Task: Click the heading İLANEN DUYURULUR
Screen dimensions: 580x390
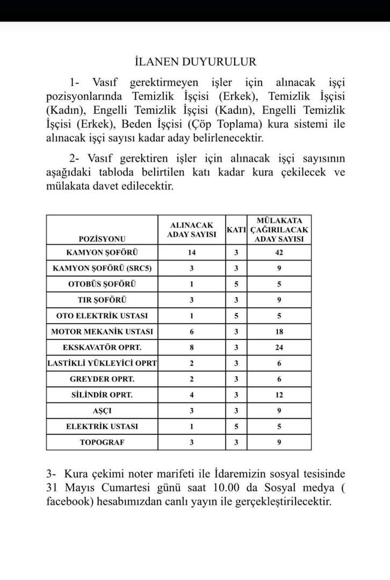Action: (195, 62)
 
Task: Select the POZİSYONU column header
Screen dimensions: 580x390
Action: (102, 238)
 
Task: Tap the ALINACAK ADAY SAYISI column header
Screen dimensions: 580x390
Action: (192, 230)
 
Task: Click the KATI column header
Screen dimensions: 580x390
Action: (236, 230)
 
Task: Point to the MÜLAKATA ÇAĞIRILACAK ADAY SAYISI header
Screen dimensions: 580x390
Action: (279, 230)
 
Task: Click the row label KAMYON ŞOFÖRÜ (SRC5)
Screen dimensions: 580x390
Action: (102, 268)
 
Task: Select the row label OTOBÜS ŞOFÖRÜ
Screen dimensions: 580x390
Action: (102, 284)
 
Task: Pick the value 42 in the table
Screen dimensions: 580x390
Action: (279, 252)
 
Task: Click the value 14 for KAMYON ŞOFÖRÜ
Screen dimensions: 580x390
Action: (192, 252)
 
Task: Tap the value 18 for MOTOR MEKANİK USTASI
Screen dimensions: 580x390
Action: (279, 332)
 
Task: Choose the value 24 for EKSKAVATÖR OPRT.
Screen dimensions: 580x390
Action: (279, 347)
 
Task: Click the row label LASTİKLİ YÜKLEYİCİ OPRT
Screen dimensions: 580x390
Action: (102, 364)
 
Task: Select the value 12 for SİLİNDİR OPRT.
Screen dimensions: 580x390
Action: (279, 395)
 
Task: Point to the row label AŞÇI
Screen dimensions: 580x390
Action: (102, 410)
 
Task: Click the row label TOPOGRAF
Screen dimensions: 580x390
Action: (102, 442)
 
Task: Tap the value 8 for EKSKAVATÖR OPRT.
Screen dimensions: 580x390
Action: (192, 347)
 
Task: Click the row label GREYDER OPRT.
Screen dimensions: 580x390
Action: (102, 379)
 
